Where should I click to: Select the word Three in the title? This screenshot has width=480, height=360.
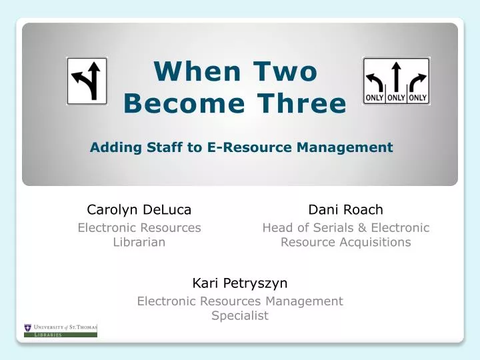tap(305, 104)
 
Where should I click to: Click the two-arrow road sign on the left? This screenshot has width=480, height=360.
tap(87, 81)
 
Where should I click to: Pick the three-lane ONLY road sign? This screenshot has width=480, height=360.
tap(396, 81)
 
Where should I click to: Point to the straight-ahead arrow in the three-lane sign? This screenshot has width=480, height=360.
tap(396, 77)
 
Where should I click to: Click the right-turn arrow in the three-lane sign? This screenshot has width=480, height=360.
tap(417, 78)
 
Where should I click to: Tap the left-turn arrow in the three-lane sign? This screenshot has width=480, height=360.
tap(375, 78)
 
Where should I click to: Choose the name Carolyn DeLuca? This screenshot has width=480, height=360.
tap(139, 209)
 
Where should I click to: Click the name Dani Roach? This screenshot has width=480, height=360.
tap(345, 209)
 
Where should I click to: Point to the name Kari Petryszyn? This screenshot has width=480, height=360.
tap(239, 283)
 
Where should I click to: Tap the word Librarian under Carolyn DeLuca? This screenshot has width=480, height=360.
tap(139, 242)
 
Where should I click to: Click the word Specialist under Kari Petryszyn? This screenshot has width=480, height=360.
tap(239, 315)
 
